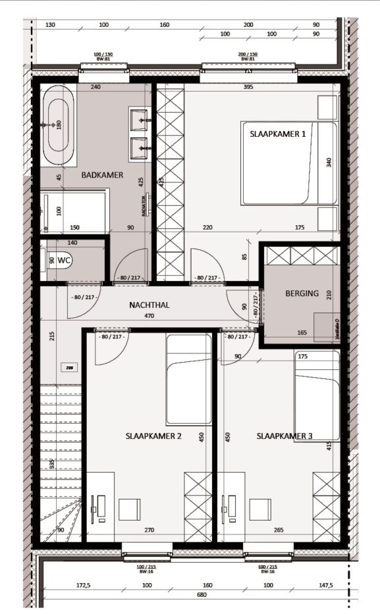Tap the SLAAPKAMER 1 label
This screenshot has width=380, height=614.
pos(277,133)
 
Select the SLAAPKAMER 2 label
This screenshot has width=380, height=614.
pos(153,436)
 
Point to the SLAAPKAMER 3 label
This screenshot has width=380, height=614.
pos(285,436)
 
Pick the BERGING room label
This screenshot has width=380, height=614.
pos(302,294)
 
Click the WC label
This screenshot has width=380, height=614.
pos(64,261)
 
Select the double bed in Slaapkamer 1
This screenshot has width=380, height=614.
pos(288,163)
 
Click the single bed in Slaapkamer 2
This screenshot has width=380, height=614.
pos(189,380)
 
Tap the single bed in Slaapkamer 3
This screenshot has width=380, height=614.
pos(317,395)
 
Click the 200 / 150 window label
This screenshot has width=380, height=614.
pos(248,54)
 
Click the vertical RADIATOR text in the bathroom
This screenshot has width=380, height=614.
pos(143,205)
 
